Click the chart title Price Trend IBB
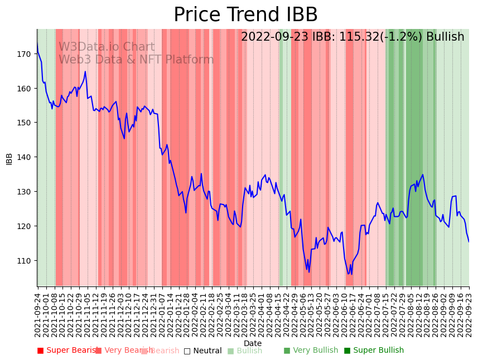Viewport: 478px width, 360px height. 245,15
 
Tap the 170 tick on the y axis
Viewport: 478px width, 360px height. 23,54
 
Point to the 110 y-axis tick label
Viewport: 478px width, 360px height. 23,261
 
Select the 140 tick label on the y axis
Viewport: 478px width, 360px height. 23,157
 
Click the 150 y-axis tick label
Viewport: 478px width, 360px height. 23,123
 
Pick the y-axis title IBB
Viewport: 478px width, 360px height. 9,158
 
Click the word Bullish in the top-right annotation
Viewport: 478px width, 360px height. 445,37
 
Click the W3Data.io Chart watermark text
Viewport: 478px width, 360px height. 107,47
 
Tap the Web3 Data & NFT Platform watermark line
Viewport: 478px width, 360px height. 136,60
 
